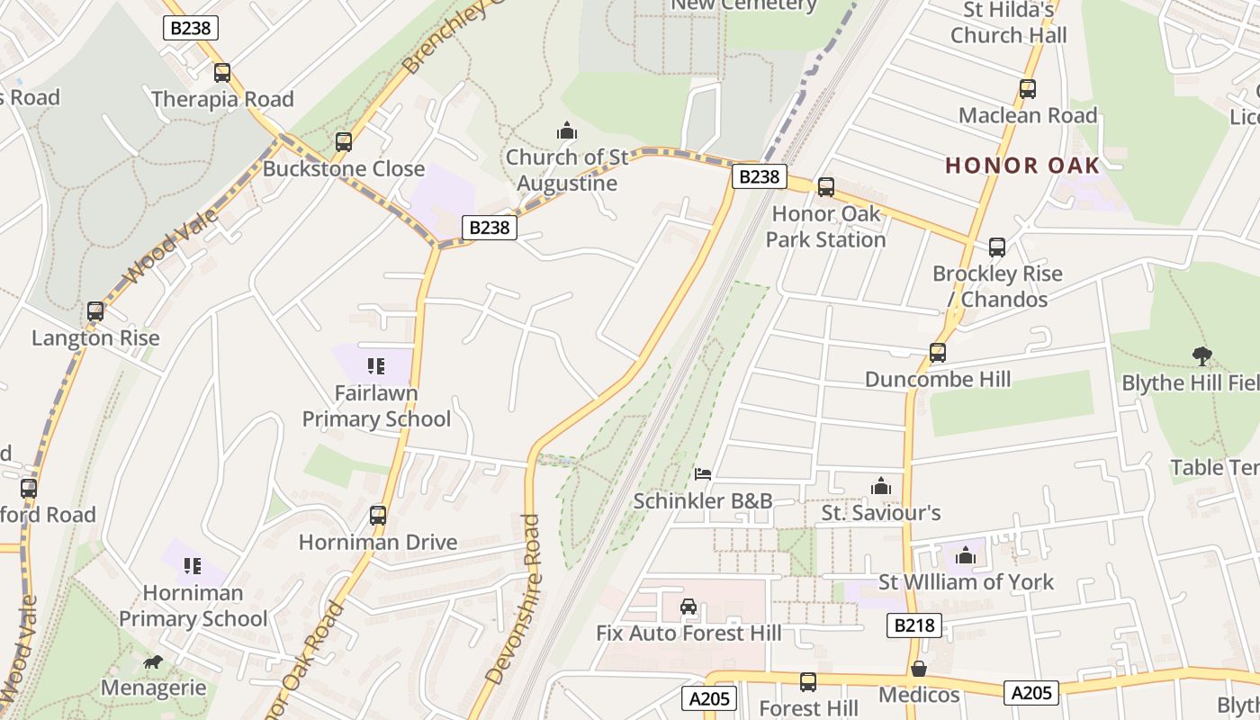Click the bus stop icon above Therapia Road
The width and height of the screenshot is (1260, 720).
(x=221, y=73)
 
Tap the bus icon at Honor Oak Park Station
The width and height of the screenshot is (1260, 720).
(x=825, y=187)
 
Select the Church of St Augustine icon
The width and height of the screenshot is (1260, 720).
(x=566, y=131)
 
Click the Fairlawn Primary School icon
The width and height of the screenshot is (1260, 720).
(x=376, y=366)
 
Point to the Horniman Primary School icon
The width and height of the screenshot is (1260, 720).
(x=193, y=566)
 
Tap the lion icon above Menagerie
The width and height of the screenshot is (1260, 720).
(x=153, y=662)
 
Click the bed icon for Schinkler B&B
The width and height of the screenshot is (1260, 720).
(x=703, y=474)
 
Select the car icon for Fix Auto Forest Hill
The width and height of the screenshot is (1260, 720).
(x=688, y=607)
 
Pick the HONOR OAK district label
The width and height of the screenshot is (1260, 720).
(x=1022, y=166)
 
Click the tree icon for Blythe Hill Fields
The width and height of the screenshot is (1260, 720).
(x=1201, y=356)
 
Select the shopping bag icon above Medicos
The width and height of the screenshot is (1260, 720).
(x=919, y=669)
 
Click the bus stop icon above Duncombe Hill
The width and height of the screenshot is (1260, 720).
(x=938, y=353)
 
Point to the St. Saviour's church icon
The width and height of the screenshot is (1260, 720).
(x=880, y=487)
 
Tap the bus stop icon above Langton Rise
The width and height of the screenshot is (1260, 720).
(x=95, y=312)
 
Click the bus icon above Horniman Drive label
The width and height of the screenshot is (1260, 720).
(x=378, y=516)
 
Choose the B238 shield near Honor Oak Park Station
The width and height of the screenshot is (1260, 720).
(x=758, y=176)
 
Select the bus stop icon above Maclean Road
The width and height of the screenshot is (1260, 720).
(x=1027, y=89)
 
